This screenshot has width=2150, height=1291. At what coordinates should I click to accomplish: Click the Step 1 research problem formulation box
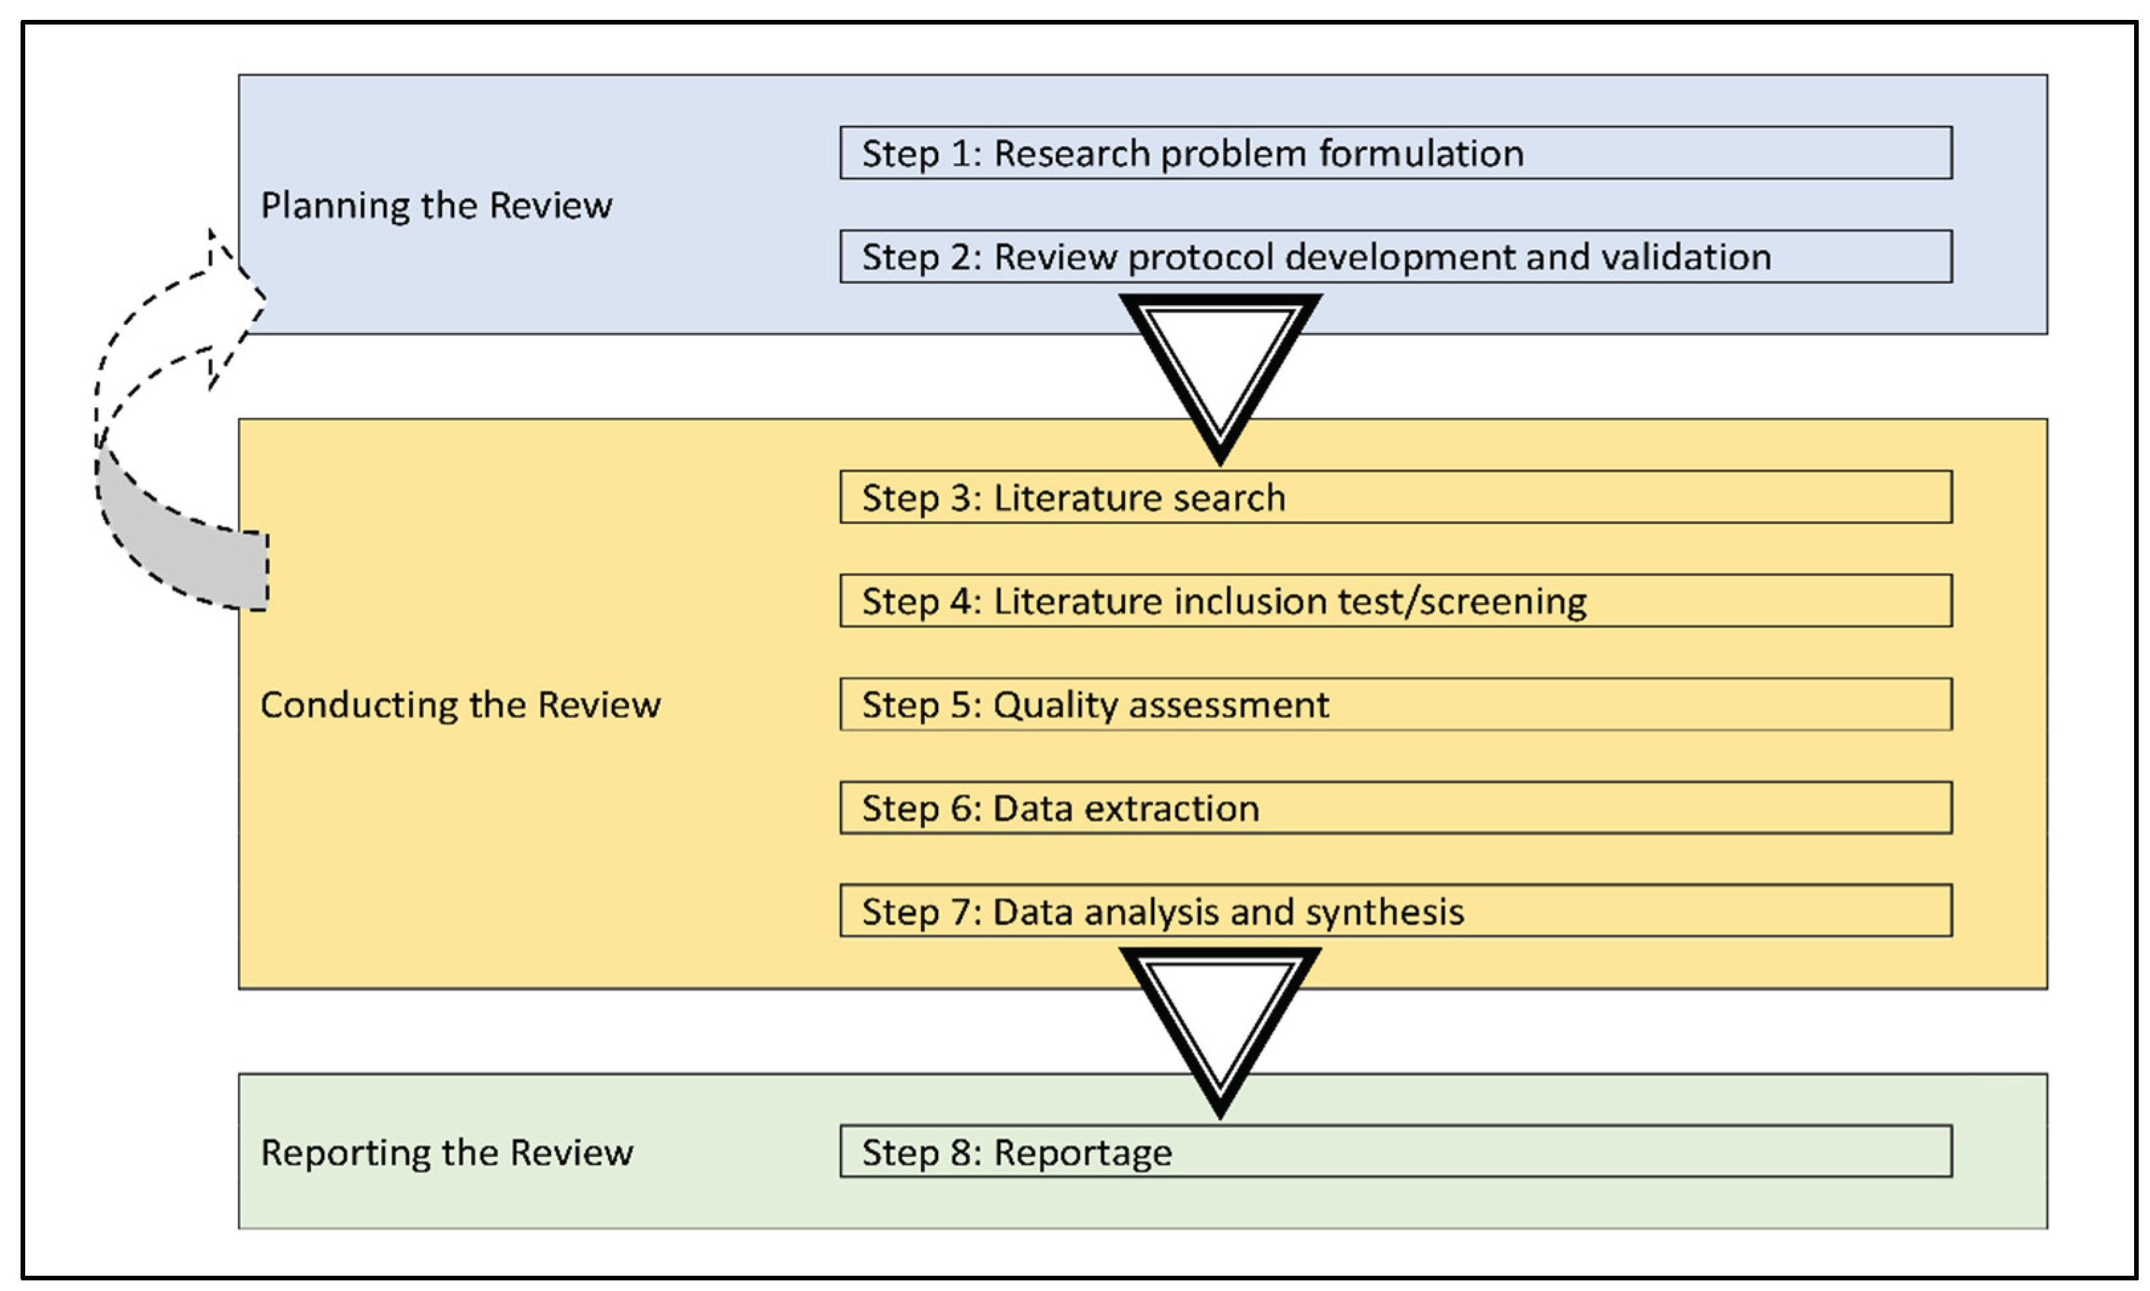(x=1395, y=153)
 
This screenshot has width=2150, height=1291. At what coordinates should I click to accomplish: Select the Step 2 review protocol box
(x=1395, y=257)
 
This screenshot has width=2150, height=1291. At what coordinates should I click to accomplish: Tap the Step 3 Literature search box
(x=1395, y=497)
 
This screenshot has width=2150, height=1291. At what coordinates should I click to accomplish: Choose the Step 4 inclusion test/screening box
(x=1395, y=600)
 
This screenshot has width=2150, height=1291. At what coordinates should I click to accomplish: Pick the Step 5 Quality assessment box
(x=1395, y=704)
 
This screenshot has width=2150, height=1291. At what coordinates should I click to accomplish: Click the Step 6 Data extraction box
(x=1395, y=808)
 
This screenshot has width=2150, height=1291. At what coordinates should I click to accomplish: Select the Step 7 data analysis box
(x=1395, y=911)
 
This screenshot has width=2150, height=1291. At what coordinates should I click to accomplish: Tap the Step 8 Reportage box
(x=1395, y=1151)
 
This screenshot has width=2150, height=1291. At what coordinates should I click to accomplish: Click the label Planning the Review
(x=437, y=206)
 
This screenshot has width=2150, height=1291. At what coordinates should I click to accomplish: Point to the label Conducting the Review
(x=460, y=705)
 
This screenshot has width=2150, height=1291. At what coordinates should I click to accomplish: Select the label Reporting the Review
(x=447, y=1152)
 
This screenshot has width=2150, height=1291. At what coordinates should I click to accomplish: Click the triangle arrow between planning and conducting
(x=1221, y=370)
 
